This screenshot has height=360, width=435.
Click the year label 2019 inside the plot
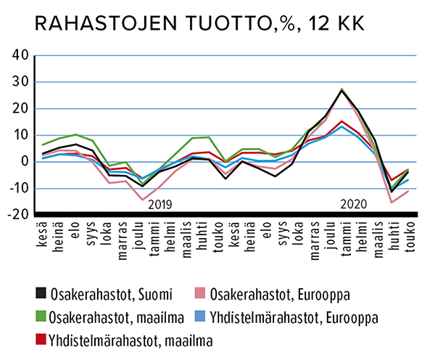coord(162,204)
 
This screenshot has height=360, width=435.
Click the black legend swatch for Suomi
coord(41,294)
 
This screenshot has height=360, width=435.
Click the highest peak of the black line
coord(341,91)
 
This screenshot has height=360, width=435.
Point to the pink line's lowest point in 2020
coord(391,202)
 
